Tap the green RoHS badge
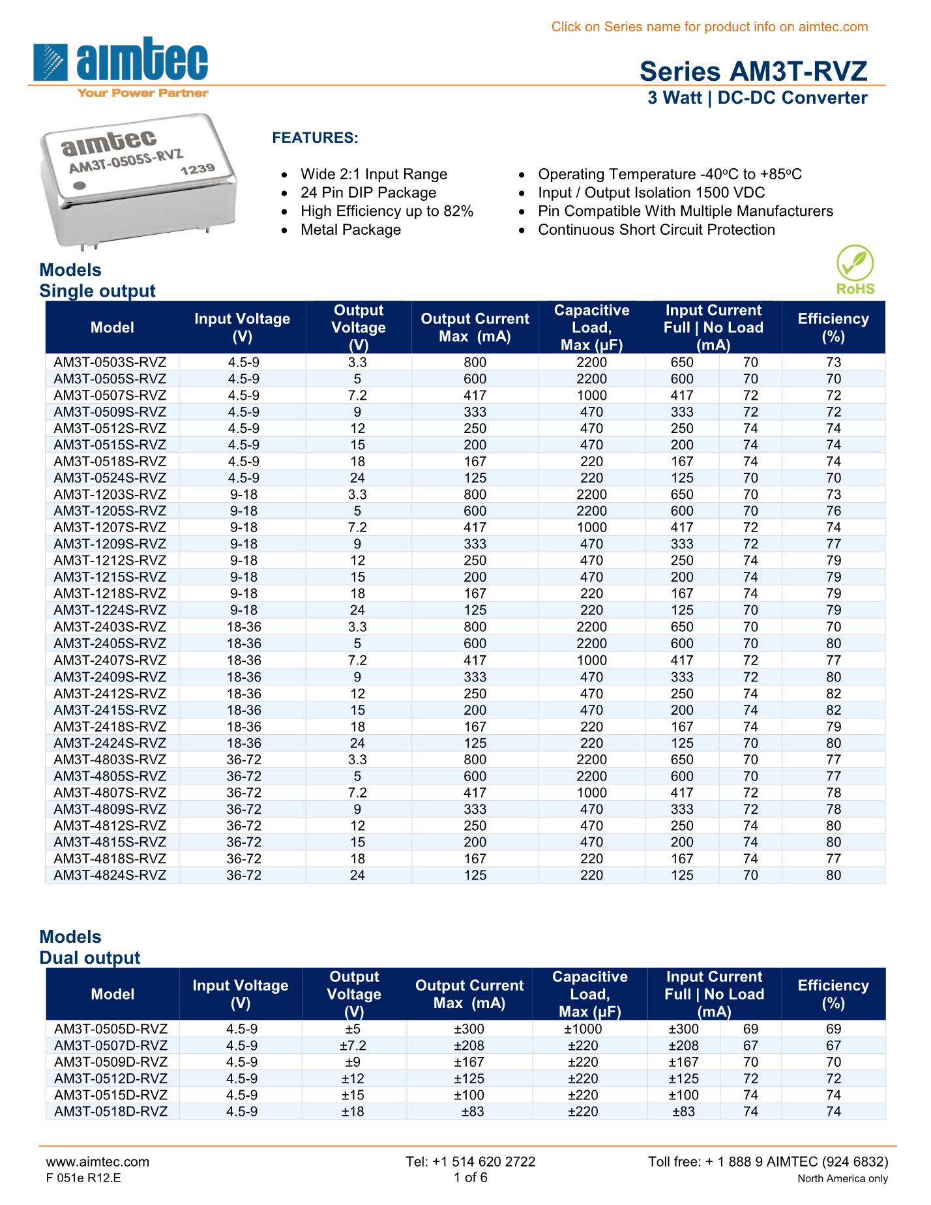pyautogui.click(x=855, y=269)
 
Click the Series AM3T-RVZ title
pyautogui.click(x=753, y=71)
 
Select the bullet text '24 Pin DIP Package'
pyautogui.click(x=368, y=193)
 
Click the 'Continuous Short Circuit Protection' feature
pyautogui.click(x=656, y=230)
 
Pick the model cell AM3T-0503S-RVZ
pyautogui.click(x=110, y=363)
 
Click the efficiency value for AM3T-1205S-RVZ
pyautogui.click(x=833, y=511)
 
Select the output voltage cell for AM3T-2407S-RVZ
pyautogui.click(x=357, y=661)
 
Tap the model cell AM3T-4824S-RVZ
pyautogui.click(x=110, y=875)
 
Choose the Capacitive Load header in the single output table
pyautogui.click(x=591, y=327)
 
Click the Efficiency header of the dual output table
pyautogui.click(x=833, y=994)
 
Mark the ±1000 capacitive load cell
pyautogui.click(x=583, y=1029)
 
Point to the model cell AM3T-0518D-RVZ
pyautogui.click(x=111, y=1112)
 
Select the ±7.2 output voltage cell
pyautogui.click(x=353, y=1045)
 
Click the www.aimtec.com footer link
pyautogui.click(x=97, y=1161)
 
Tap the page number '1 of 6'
pyautogui.click(x=470, y=1177)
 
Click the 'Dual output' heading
pyautogui.click(x=90, y=957)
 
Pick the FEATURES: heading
pyautogui.click(x=315, y=138)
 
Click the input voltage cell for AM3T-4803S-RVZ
pyautogui.click(x=244, y=760)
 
